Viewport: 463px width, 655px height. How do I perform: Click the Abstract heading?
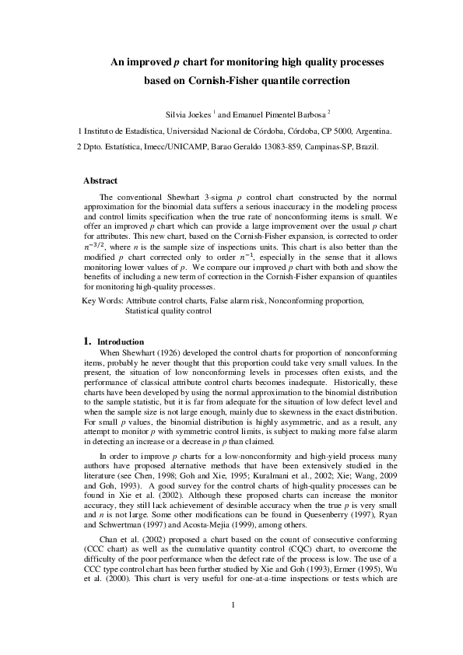click(100, 180)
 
